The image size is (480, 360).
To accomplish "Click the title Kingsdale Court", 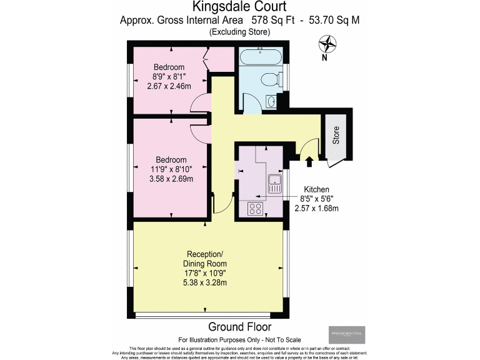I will click(x=239, y=7).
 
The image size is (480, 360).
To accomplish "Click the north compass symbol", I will click(x=327, y=45).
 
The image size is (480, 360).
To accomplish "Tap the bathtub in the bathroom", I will click(x=262, y=58).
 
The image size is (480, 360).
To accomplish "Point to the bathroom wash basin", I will click(x=273, y=101).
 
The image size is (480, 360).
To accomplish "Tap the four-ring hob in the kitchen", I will click(x=256, y=209).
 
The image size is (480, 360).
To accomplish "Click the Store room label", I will click(x=336, y=136).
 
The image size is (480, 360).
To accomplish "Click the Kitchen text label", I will click(x=316, y=189).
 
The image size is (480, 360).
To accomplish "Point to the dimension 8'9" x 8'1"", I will click(x=169, y=77).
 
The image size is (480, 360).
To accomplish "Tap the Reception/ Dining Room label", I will click(x=204, y=259).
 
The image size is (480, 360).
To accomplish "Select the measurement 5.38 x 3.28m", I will click(x=204, y=282).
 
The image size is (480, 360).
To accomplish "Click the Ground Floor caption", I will click(x=239, y=327).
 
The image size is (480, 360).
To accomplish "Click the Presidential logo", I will click(x=347, y=334).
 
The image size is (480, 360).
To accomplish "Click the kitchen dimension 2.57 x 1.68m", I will click(x=316, y=208).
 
